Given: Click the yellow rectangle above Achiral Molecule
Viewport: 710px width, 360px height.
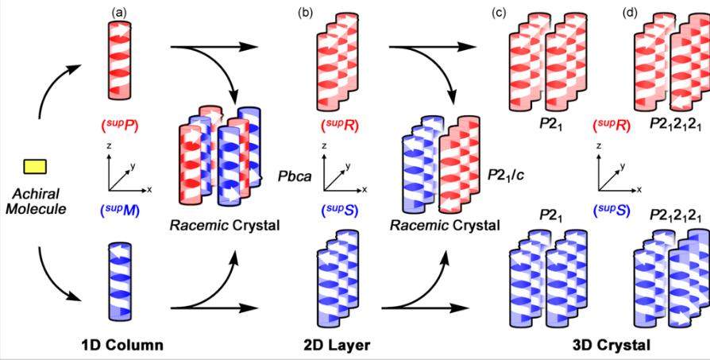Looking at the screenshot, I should click(x=35, y=166).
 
